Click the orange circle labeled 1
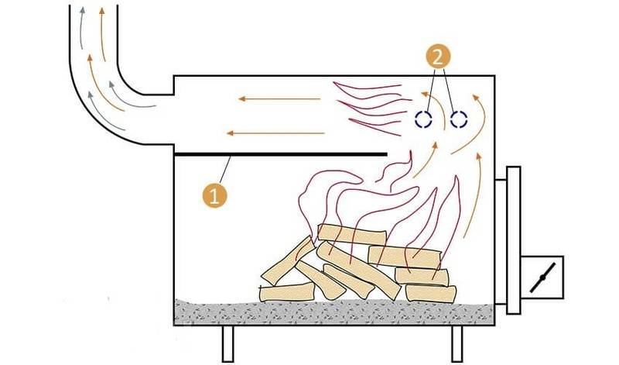[215, 195]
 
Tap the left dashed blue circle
[423, 119]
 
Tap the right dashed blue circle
[459, 119]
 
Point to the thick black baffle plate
[281, 154]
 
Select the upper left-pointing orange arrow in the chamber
[279, 98]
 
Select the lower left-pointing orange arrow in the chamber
[275, 133]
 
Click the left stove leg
[227, 343]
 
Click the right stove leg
[457, 343]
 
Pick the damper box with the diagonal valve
[542, 277]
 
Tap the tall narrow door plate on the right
[514, 240]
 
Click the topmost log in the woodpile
[351, 234]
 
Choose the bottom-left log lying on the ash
[286, 292]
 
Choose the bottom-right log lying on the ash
[431, 294]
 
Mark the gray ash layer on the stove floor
[334, 312]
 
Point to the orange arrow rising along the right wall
[474, 195]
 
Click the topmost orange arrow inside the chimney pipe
[103, 34]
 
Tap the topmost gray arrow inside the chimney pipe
[81, 28]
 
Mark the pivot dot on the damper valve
[542, 277]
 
